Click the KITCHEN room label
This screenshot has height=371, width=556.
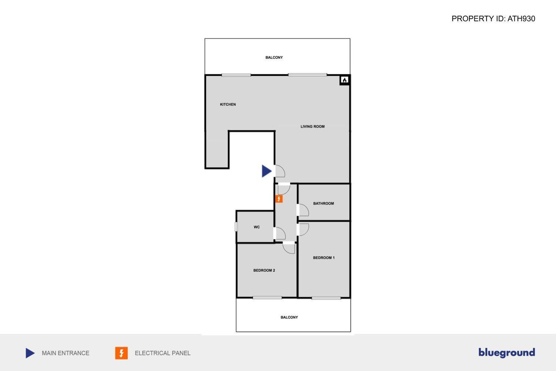click(228, 104)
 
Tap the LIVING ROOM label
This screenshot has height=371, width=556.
click(312, 126)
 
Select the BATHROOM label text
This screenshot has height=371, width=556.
click(323, 204)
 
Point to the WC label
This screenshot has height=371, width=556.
click(257, 227)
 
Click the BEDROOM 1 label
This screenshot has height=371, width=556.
click(324, 258)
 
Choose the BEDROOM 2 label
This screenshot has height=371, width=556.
click(264, 270)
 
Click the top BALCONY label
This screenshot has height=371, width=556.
click(274, 57)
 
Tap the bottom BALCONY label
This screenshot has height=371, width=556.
click(289, 317)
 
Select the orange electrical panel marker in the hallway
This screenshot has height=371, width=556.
click(279, 199)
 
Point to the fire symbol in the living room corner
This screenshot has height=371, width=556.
click(345, 80)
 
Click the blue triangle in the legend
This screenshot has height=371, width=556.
click(30, 353)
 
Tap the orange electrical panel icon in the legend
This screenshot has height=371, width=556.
click(121, 353)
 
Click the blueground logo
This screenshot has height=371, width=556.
click(507, 353)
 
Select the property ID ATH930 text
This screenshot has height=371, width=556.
click(493, 19)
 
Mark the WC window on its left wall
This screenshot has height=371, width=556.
click(236, 227)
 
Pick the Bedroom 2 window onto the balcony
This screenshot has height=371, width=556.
click(267, 297)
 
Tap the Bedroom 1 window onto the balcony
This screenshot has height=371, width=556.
click(326, 298)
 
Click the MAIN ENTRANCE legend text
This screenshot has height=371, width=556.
click(65, 353)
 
